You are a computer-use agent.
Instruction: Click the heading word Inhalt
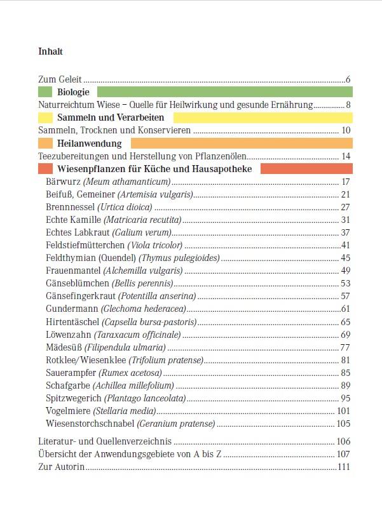(50, 51)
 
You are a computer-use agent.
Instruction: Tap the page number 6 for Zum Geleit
(348, 79)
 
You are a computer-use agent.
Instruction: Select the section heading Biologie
(73, 92)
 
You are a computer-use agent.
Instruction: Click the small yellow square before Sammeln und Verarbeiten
(45, 117)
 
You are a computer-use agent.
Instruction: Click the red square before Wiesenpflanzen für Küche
(45, 169)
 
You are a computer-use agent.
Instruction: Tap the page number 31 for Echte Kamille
(346, 220)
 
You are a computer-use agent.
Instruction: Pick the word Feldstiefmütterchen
(86, 245)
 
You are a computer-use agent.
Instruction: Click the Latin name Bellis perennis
(142, 283)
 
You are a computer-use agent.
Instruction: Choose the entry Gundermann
(72, 309)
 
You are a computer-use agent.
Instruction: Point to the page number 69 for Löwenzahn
(346, 334)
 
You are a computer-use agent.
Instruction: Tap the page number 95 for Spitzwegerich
(346, 398)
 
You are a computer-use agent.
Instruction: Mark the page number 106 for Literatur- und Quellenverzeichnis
(344, 441)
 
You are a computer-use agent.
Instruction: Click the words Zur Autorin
(62, 467)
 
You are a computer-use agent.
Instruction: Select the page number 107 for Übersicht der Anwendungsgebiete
(344, 454)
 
